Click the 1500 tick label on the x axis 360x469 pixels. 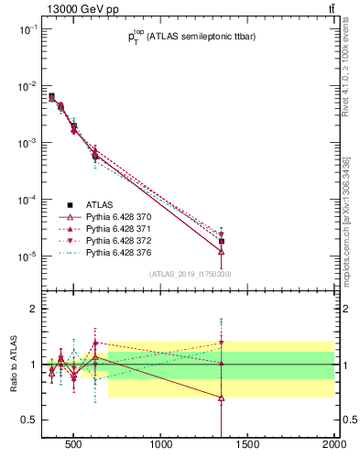tap(248, 448)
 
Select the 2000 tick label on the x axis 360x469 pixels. tap(333, 448)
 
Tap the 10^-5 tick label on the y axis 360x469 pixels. tap(25, 256)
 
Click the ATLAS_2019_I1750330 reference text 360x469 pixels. tap(191, 274)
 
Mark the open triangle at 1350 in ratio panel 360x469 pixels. tap(221, 398)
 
